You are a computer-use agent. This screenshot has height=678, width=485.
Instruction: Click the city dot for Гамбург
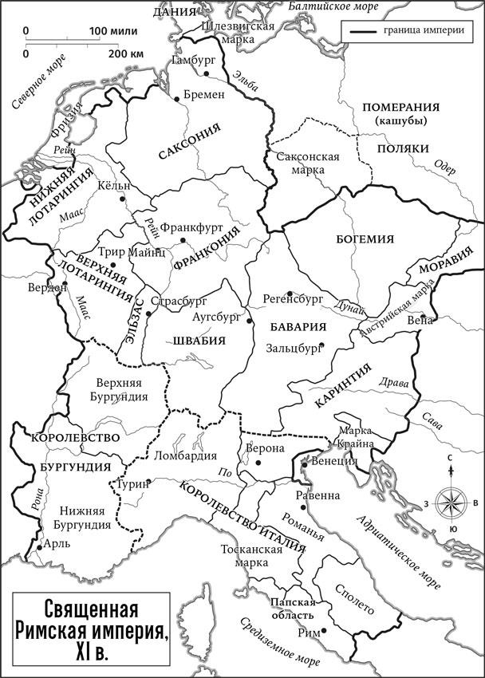point(206,73)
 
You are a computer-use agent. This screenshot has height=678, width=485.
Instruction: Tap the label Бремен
point(204,94)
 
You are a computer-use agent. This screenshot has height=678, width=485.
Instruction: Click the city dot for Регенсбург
point(290,293)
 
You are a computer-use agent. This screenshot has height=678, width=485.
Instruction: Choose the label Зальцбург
point(292,348)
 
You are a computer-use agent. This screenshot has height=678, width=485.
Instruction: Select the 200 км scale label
point(124,53)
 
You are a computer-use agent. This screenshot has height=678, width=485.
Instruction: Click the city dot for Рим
point(323,632)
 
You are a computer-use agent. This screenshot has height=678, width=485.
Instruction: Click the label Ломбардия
point(189,456)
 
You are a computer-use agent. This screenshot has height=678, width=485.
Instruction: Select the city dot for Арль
point(37,550)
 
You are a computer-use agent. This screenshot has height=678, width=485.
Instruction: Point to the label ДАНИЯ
point(175,12)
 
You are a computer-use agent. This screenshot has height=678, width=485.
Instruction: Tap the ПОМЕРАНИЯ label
point(400,108)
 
